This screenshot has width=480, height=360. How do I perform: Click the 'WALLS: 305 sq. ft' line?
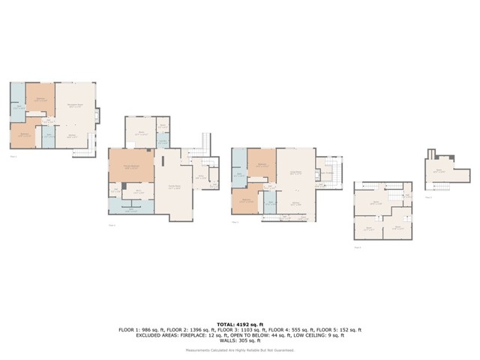click(240, 341)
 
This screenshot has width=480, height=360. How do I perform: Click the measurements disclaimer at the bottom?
click(240, 349)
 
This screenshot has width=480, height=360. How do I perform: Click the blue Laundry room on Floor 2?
click(163, 138)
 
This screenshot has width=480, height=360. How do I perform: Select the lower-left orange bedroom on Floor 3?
click(247, 201)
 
